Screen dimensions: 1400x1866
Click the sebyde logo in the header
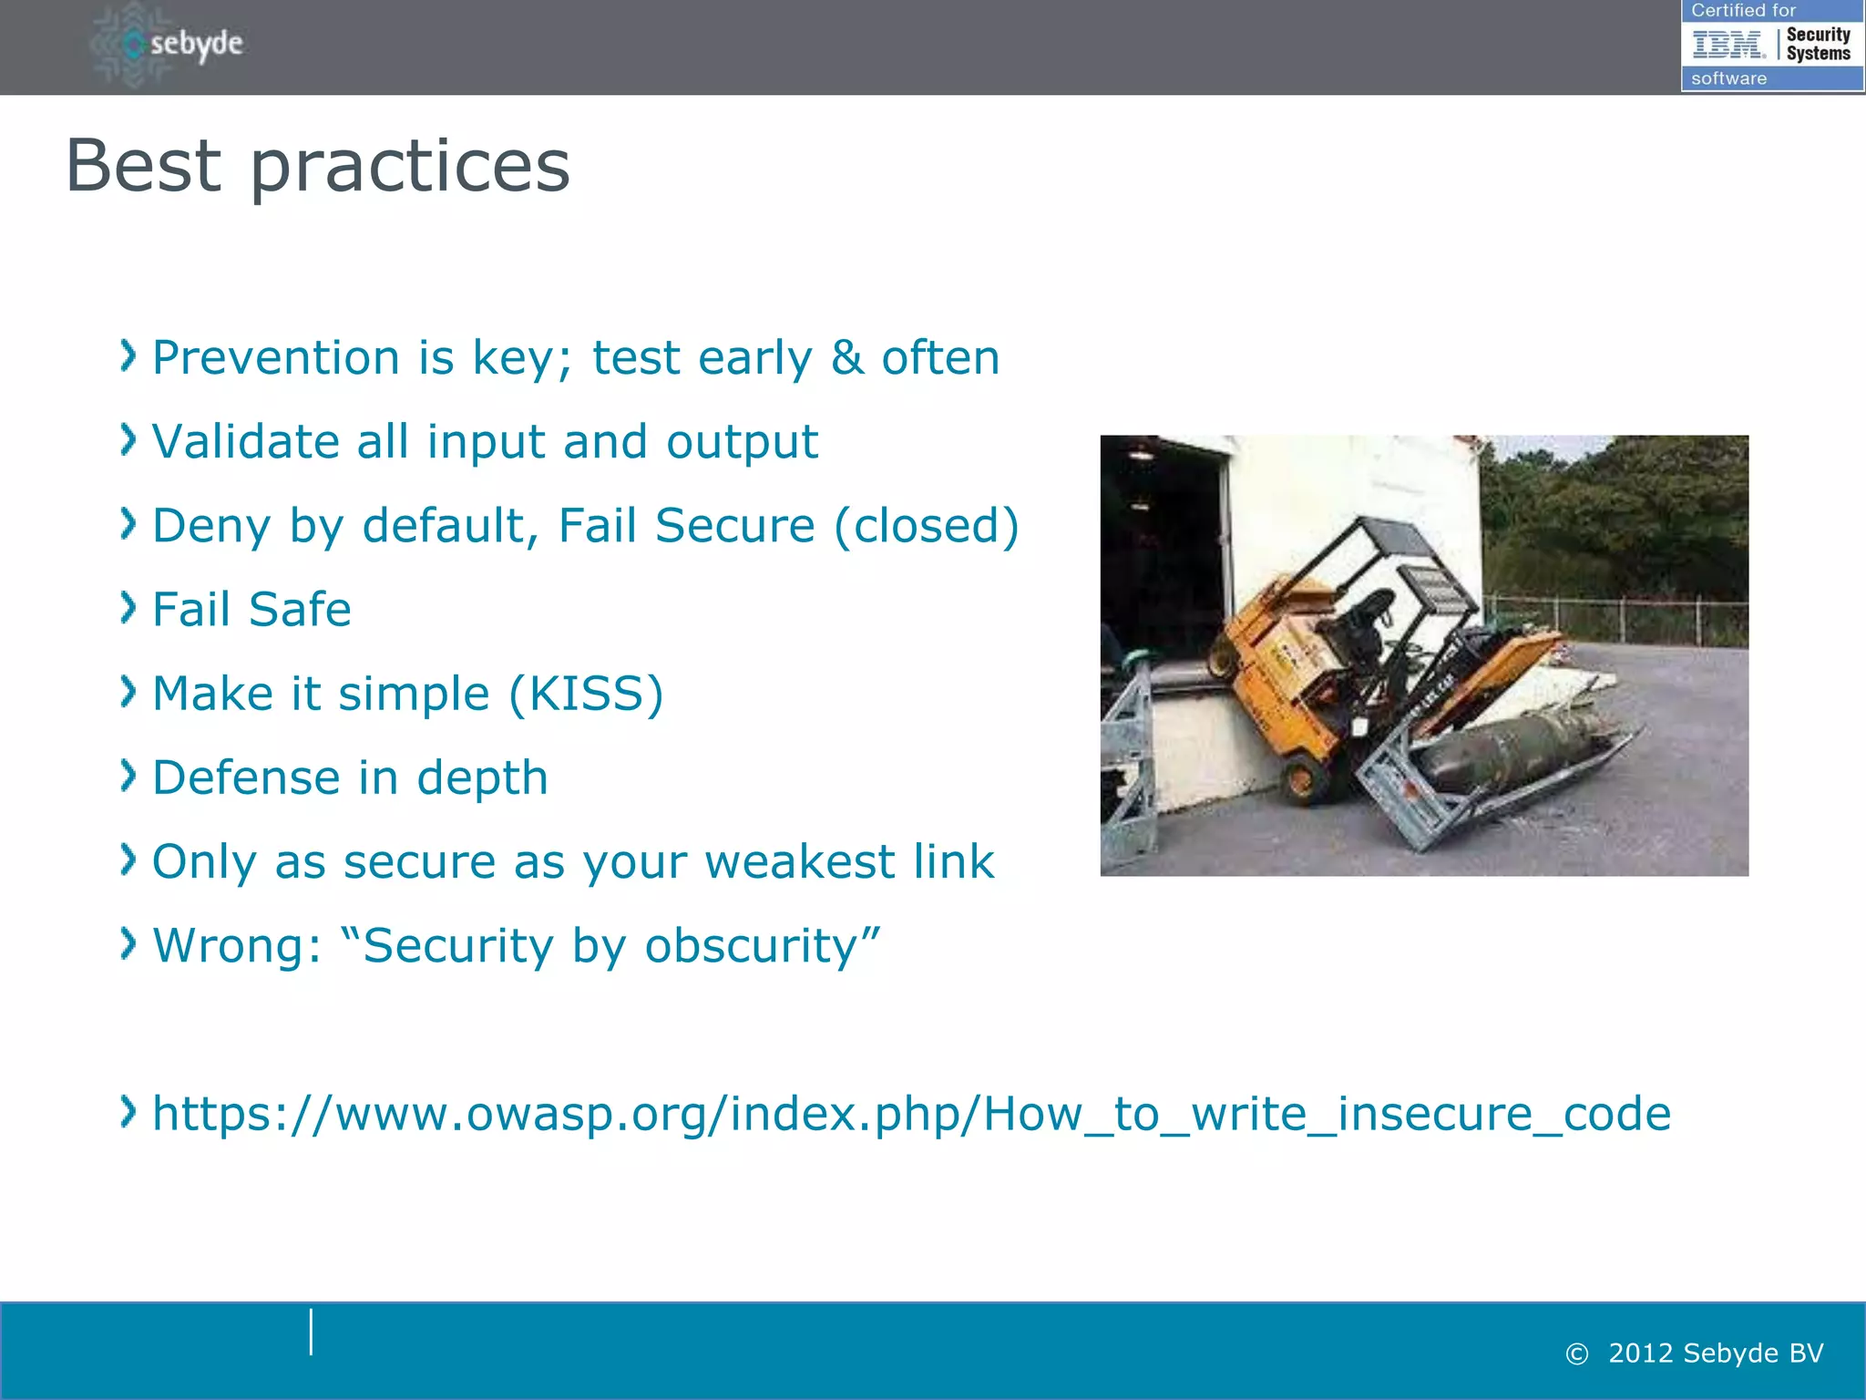(169, 44)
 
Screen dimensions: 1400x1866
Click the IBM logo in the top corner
(1728, 44)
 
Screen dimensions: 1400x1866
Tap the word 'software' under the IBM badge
(1728, 78)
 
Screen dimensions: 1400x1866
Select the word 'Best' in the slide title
(143, 166)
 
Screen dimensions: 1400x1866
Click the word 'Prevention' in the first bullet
(275, 357)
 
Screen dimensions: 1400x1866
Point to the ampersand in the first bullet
(846, 357)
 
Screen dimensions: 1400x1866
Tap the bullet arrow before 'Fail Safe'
(128, 607)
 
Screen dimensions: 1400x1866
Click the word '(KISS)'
(586, 694)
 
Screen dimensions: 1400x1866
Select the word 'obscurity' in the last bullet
(762, 946)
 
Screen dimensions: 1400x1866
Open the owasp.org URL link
(911, 1114)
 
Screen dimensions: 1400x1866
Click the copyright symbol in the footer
(1576, 1354)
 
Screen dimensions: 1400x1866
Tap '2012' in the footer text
(1641, 1354)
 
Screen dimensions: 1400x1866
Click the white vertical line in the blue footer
(311, 1332)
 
